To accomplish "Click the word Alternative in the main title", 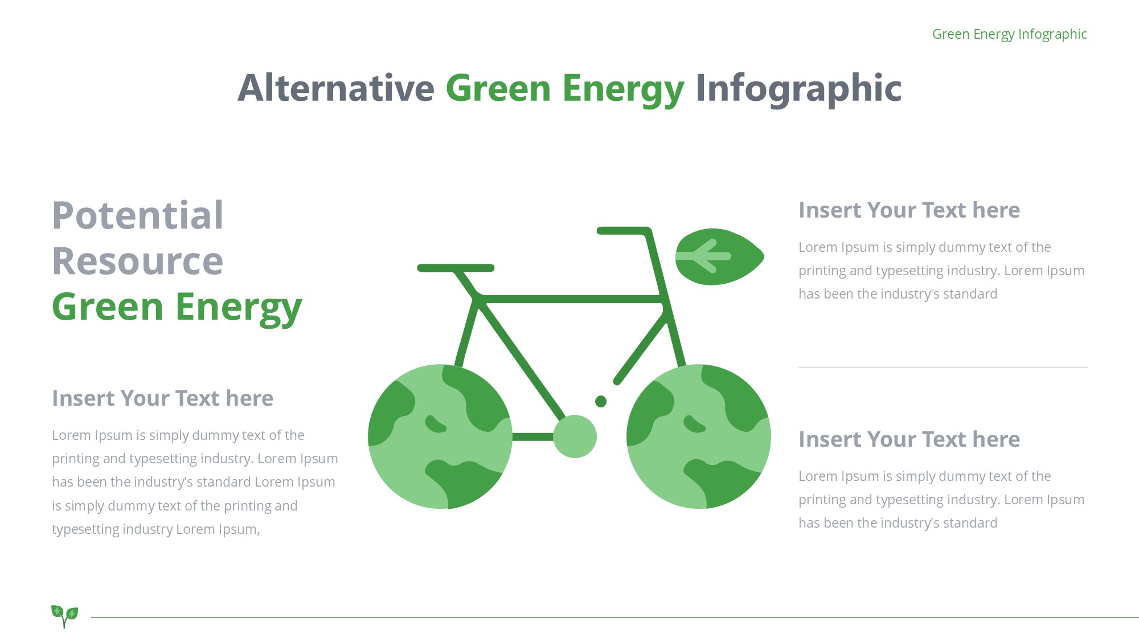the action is click(x=336, y=88).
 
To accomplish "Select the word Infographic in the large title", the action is click(x=798, y=89).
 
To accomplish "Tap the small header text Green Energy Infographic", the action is click(x=1010, y=34).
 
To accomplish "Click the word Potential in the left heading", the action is click(x=138, y=215).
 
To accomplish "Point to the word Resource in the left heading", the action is click(x=138, y=261).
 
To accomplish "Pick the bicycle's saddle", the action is click(x=456, y=268).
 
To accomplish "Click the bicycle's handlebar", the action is click(x=624, y=231).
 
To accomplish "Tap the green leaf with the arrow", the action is click(x=719, y=256).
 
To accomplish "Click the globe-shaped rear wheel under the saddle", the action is click(x=440, y=436).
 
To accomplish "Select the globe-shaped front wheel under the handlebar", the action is click(x=699, y=436).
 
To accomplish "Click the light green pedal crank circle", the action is click(x=575, y=436).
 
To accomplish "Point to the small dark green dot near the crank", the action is click(x=601, y=402).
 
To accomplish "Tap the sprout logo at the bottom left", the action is click(x=64, y=616).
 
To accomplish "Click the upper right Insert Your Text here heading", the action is click(x=909, y=210).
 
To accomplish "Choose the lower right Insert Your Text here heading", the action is click(x=909, y=439).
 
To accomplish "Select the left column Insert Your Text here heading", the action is click(x=162, y=398).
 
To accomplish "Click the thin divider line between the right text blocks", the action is click(x=943, y=367).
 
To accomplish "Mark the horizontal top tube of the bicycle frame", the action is click(x=571, y=299).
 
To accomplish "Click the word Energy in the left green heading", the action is click(x=239, y=308).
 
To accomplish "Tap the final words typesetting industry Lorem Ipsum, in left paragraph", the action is click(x=156, y=529).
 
